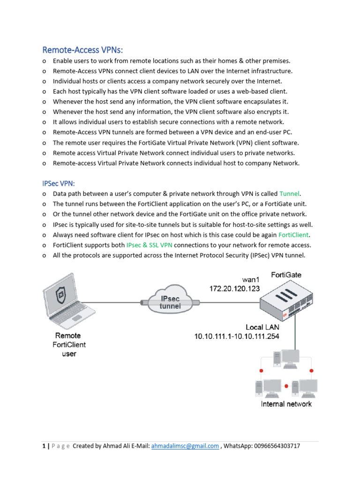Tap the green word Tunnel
(x=290, y=194)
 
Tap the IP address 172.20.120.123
(x=234, y=289)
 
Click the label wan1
(x=251, y=279)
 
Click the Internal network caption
(x=286, y=404)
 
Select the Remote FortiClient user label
(x=68, y=345)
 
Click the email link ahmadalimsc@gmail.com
(x=185, y=446)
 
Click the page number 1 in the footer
(x=43, y=446)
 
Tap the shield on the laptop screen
(x=60, y=295)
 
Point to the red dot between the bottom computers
(x=286, y=386)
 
